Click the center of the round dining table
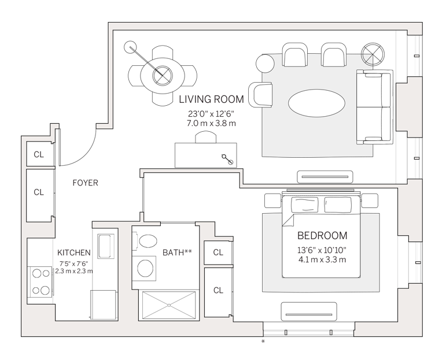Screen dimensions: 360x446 pyautogui.click(x=162, y=75)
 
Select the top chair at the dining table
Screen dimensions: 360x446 pyautogui.click(x=162, y=54)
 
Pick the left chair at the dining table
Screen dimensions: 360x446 pyautogui.click(x=138, y=75)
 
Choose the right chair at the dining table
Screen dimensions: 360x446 pyautogui.click(x=186, y=75)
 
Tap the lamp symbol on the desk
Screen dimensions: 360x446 pyautogui.click(x=227, y=159)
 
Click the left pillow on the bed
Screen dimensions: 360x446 pyautogui.click(x=304, y=204)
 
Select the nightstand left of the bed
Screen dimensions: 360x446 pyautogui.click(x=272, y=201)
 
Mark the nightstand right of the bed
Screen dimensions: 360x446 pyautogui.click(x=370, y=201)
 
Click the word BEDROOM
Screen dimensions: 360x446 pyautogui.click(x=322, y=236)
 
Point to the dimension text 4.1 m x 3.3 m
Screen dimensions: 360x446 pyautogui.click(x=322, y=259)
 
